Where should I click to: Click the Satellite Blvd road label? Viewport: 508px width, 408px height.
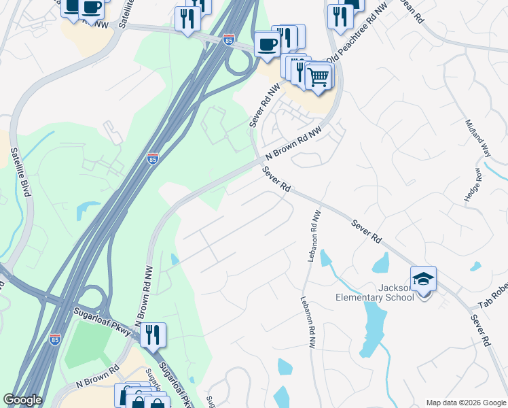[21, 173]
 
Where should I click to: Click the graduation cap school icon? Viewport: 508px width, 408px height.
[423, 278]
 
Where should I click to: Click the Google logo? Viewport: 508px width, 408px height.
[22, 400]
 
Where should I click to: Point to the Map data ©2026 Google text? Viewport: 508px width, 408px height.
[465, 402]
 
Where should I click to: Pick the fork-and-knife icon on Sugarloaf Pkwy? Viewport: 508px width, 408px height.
[153, 334]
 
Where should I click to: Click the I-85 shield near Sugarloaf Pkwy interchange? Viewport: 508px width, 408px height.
[54, 338]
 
